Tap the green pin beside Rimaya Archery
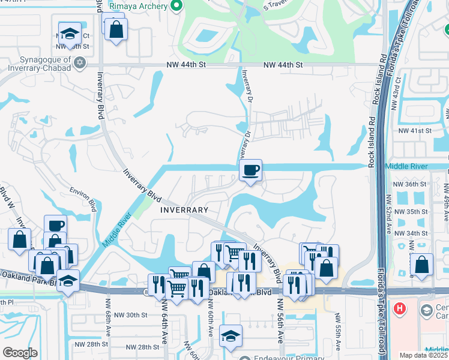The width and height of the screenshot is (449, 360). tap(176, 6)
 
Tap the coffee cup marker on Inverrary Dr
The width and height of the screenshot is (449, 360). tap(250, 171)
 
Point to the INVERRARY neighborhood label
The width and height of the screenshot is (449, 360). tap(184, 210)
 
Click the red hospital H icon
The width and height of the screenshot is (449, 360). tap(400, 309)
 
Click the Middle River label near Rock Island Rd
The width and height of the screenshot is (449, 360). tap(406, 166)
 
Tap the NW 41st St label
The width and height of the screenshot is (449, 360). tap(411, 130)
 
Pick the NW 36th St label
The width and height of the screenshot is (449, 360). tap(409, 184)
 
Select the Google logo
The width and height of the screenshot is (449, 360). tap(20, 352)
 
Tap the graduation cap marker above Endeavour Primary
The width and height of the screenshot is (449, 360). tap(231, 337)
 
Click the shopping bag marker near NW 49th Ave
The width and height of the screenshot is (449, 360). tap(423, 264)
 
